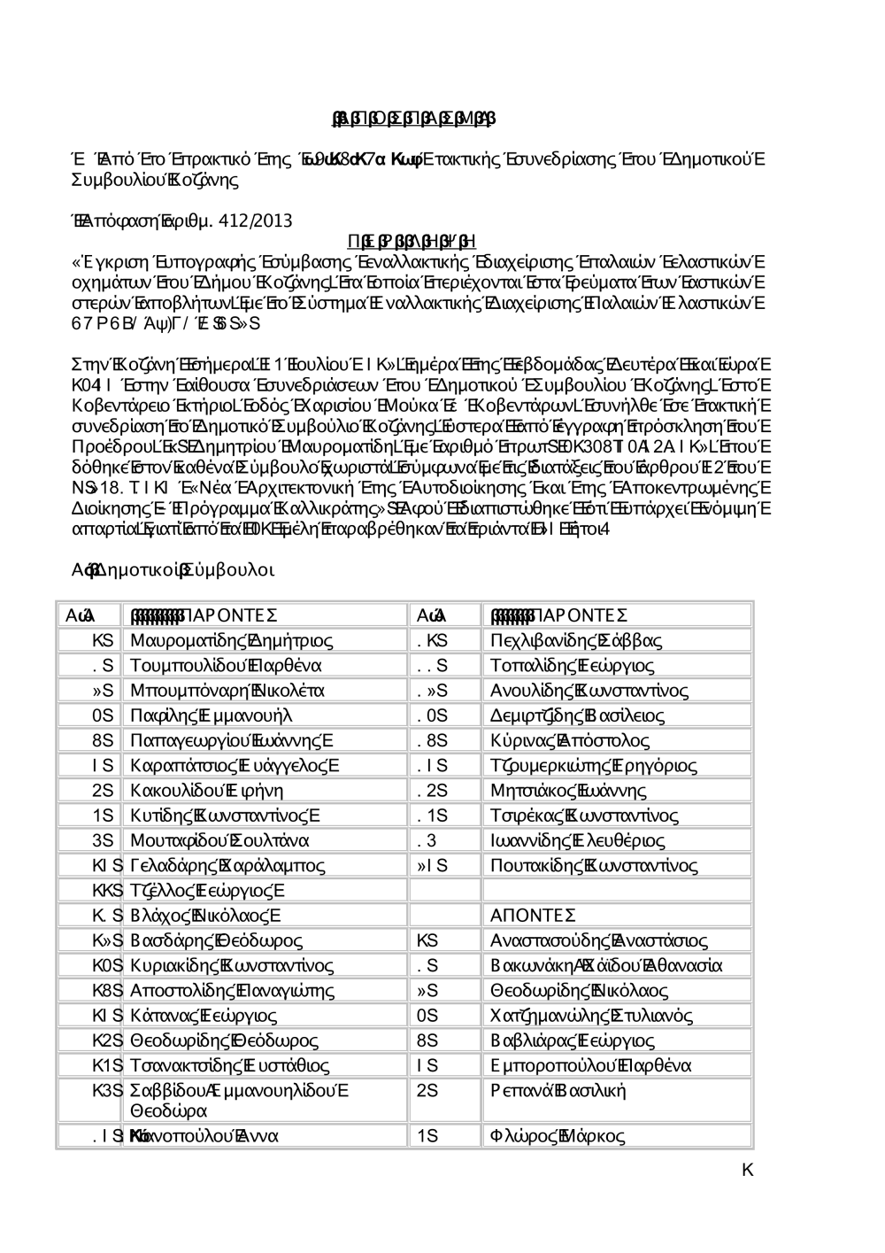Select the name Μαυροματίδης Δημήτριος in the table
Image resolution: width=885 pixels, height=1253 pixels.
[231, 640]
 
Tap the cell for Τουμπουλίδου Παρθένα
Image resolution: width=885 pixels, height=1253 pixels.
[225, 665]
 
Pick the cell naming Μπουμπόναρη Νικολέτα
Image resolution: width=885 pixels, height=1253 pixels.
[227, 690]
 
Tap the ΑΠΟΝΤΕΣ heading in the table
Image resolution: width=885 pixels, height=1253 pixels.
[533, 915]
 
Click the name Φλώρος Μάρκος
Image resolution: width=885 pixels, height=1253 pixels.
[557, 1135]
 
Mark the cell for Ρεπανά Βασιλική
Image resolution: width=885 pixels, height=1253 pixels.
[558, 1090]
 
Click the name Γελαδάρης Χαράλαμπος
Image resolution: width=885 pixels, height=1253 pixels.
[227, 865]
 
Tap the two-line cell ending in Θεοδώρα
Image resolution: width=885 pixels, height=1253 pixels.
[239, 1100]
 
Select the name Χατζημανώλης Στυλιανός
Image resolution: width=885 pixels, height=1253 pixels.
[591, 1016]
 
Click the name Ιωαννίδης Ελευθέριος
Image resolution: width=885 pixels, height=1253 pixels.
[577, 840]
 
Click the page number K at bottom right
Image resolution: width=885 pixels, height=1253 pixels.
[747, 1171]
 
